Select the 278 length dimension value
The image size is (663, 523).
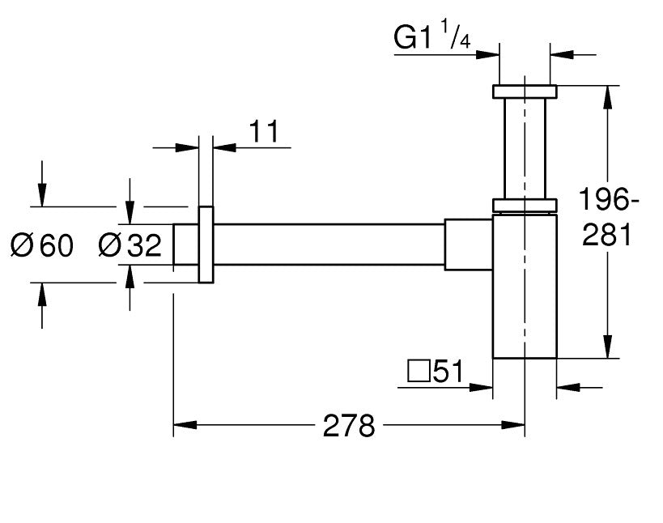[349, 425]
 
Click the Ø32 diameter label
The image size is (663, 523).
[129, 244]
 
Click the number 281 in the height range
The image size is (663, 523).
[608, 235]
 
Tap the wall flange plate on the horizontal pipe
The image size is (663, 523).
[206, 244]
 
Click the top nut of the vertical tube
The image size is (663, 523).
[524, 91]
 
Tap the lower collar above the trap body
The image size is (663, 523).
[524, 206]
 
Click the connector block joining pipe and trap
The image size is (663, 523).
[468, 243]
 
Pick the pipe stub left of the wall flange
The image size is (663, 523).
[186, 244]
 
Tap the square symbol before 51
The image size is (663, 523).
[418, 372]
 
